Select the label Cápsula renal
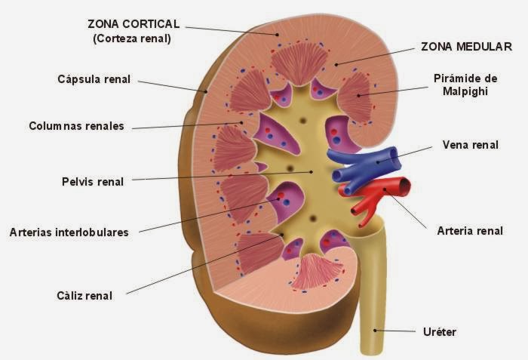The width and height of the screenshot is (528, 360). (x=94, y=78)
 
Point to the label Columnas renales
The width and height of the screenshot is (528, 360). (x=75, y=126)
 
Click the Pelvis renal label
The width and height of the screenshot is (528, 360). (x=93, y=181)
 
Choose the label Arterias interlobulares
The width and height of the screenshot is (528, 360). (x=69, y=232)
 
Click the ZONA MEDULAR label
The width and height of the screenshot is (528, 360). (x=466, y=47)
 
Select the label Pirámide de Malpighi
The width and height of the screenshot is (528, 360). (x=465, y=85)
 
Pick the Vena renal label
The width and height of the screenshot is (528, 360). (x=470, y=145)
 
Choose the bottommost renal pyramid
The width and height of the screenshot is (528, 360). (x=312, y=272)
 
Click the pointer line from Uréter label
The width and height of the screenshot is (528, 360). (x=396, y=330)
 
